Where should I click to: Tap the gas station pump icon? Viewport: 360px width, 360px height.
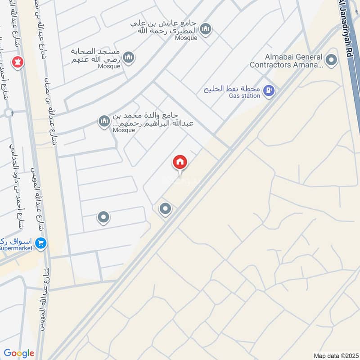[269, 91]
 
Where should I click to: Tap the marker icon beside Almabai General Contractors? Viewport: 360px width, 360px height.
[332, 60]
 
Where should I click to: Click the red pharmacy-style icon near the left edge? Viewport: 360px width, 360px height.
[18, 62]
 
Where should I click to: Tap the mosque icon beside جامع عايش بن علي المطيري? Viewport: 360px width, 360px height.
[206, 29]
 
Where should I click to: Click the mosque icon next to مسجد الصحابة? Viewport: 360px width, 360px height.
[129, 57]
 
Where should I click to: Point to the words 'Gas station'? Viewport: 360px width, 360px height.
[244, 96]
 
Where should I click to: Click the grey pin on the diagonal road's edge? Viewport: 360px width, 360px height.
[166, 208]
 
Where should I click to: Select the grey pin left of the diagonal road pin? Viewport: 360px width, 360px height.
[103, 217]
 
